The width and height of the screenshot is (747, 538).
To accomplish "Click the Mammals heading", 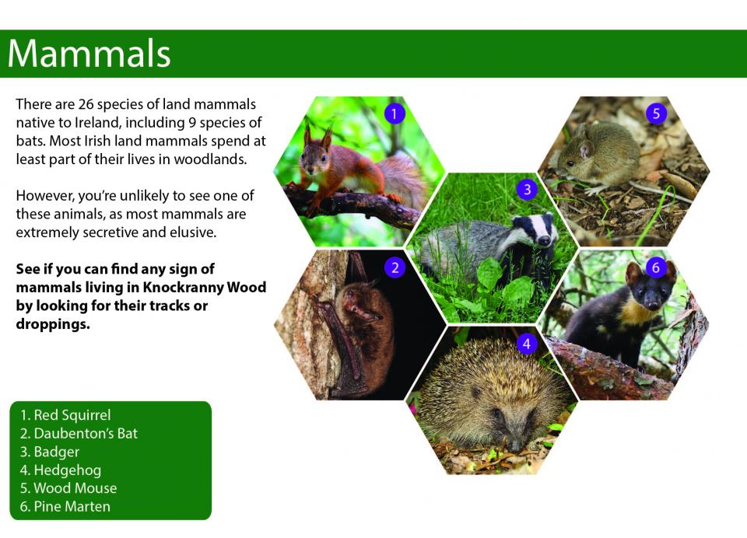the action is click(89, 54).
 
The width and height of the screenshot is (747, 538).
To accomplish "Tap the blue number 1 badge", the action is click(394, 114).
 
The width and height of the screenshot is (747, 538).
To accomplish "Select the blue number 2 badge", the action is click(395, 267).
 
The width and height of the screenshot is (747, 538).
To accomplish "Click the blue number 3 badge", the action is click(527, 190).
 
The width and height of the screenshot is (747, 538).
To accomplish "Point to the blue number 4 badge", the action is click(527, 344).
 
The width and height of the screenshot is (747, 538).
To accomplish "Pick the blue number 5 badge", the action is click(656, 114).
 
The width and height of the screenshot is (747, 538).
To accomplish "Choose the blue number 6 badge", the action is click(655, 267).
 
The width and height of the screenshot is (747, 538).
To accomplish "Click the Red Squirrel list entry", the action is click(65, 415).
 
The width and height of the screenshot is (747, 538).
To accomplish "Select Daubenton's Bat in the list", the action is click(79, 433).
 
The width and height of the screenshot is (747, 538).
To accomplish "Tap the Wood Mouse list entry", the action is click(68, 488).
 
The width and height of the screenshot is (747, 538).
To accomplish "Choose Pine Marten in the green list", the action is click(65, 507).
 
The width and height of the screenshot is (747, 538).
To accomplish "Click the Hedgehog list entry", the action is click(61, 470).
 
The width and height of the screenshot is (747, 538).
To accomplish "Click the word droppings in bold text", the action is click(53, 325).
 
